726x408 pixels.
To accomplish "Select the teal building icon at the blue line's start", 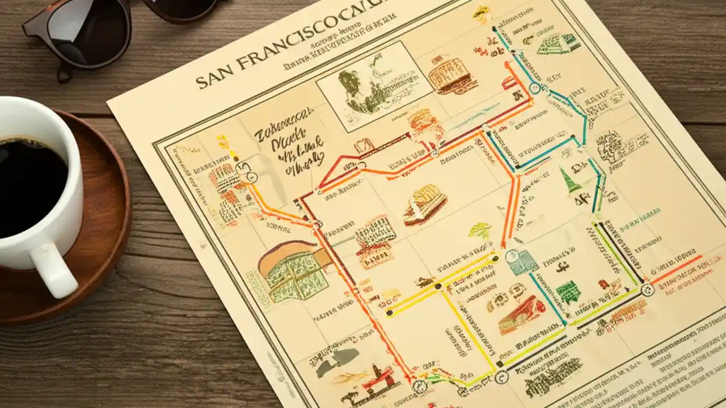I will click(x=521, y=262).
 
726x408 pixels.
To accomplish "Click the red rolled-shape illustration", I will click(x=522, y=313).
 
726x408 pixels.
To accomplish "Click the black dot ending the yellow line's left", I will click(x=389, y=312).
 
